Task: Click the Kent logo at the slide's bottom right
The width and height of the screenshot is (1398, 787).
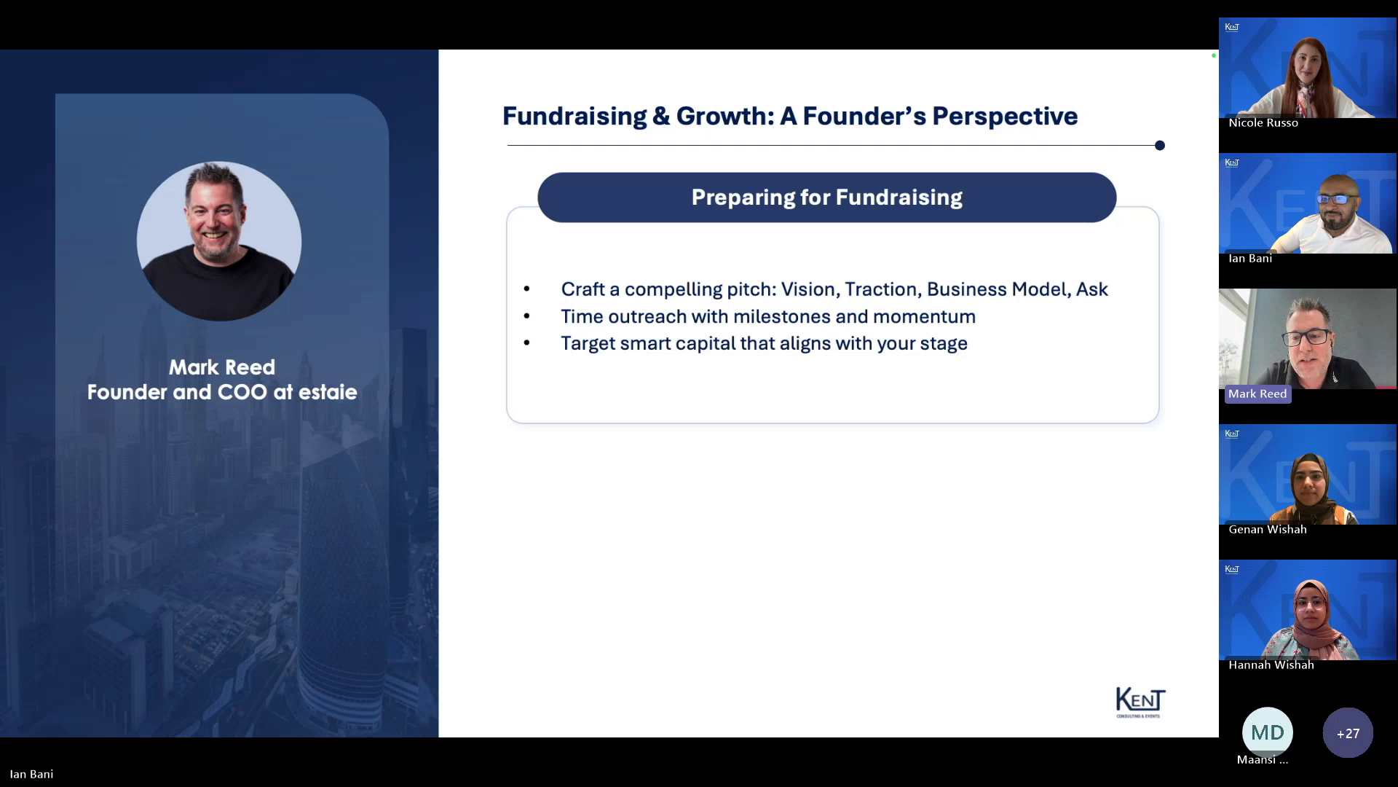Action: pyautogui.click(x=1140, y=702)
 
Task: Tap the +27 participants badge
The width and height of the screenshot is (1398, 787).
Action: pyautogui.click(x=1348, y=733)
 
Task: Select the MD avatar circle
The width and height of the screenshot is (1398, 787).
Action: pyautogui.click(x=1268, y=732)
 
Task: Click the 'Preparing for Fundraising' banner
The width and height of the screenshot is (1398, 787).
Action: pyautogui.click(x=826, y=197)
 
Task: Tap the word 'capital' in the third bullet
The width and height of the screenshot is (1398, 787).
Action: pyautogui.click(x=706, y=344)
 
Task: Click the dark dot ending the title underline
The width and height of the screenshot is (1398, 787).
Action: pyautogui.click(x=1160, y=146)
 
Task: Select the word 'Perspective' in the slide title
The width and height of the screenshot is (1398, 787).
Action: pyautogui.click(x=1005, y=117)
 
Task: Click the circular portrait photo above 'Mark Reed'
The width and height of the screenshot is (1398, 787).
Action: pyautogui.click(x=219, y=241)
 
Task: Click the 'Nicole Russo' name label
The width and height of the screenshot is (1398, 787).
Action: pyautogui.click(x=1263, y=123)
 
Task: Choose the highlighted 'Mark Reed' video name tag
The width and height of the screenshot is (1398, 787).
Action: pyautogui.click(x=1257, y=394)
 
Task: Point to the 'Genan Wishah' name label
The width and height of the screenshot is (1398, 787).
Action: pyautogui.click(x=1268, y=530)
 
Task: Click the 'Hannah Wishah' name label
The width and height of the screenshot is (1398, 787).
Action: pyautogui.click(x=1271, y=665)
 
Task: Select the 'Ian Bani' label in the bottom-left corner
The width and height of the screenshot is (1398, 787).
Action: pyautogui.click(x=31, y=774)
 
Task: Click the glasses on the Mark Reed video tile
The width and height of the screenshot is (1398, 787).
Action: pyautogui.click(x=1306, y=337)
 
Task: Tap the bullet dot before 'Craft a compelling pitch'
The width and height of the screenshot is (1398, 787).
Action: pyautogui.click(x=526, y=289)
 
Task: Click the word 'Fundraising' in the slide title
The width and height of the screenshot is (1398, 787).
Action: pyautogui.click(x=574, y=117)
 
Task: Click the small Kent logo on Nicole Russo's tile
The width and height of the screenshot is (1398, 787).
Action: pyautogui.click(x=1232, y=27)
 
